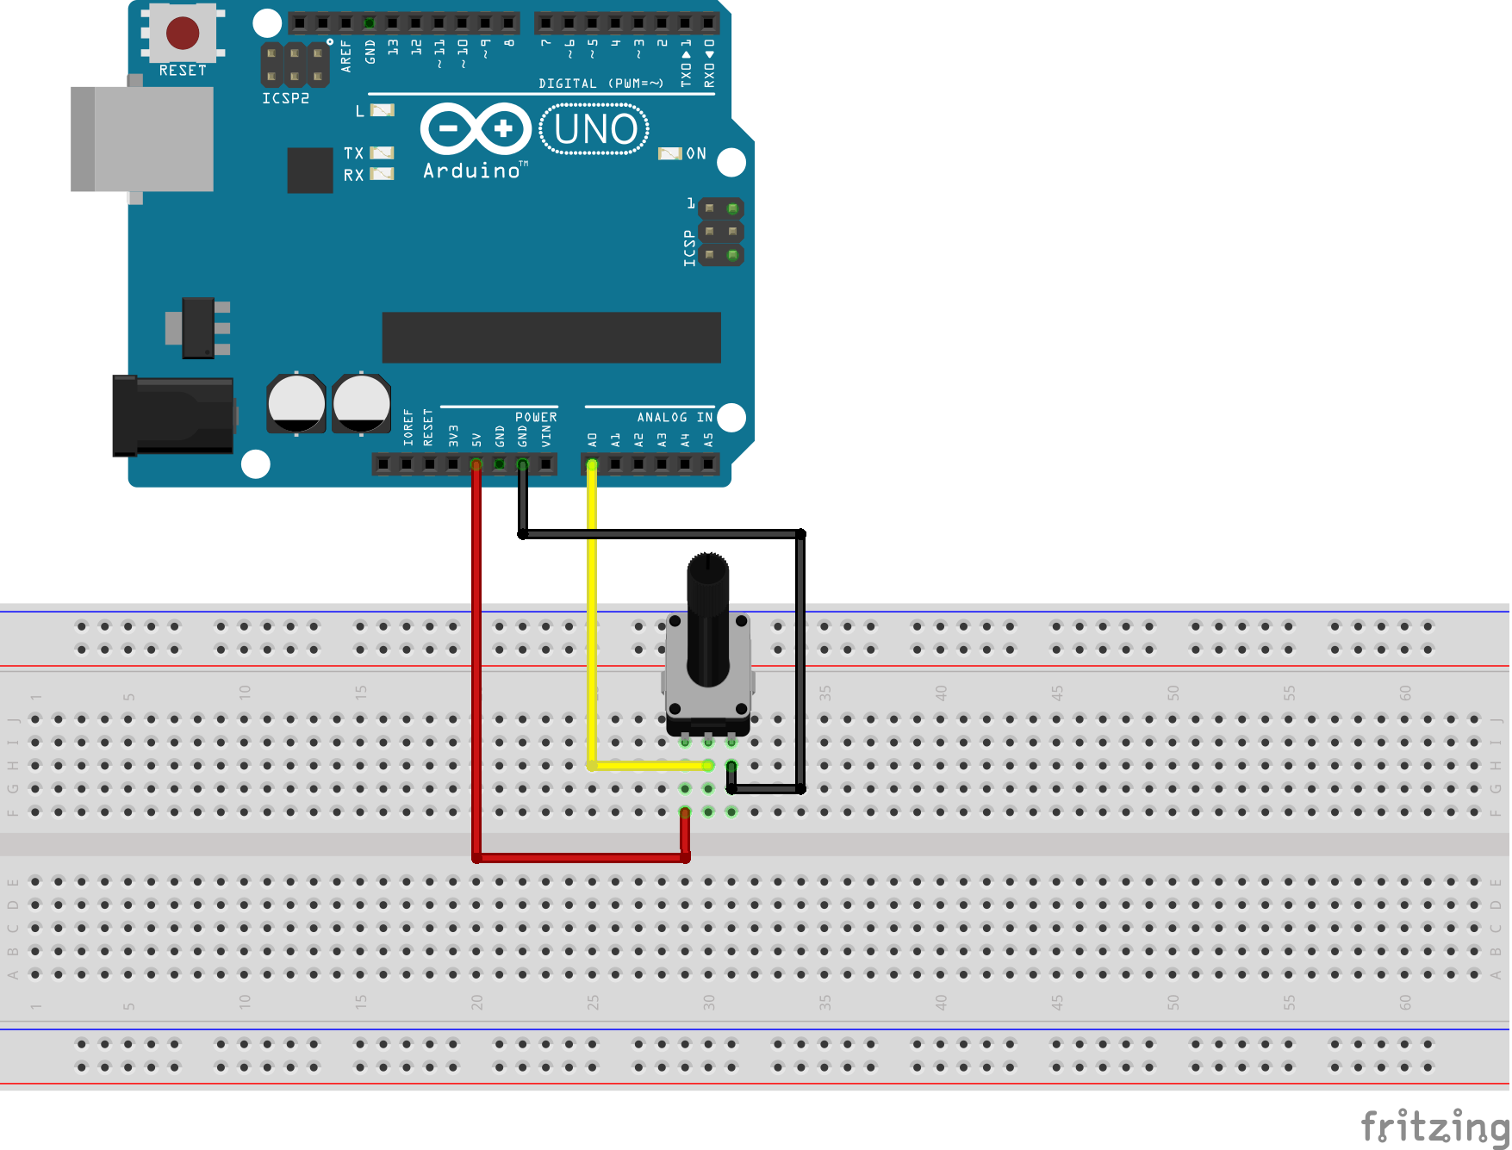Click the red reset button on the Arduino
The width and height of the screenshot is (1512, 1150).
click(x=183, y=33)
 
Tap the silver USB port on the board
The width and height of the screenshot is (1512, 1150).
click(x=143, y=139)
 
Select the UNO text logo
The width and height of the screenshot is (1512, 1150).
click(x=594, y=129)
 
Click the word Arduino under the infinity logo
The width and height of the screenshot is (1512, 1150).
click(x=472, y=171)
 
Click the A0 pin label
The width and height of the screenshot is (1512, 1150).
click(x=592, y=439)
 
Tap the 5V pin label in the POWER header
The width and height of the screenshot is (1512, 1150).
click(x=476, y=439)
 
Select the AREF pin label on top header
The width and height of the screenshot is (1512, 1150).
click(x=346, y=55)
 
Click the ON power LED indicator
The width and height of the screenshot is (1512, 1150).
click(x=669, y=153)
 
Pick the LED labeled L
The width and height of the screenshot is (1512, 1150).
click(x=382, y=110)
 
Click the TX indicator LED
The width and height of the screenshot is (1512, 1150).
click(x=382, y=152)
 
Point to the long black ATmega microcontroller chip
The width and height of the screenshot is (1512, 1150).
click(x=551, y=337)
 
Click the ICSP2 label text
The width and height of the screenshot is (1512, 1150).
click(x=285, y=98)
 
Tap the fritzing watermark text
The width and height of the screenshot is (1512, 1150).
click(x=1434, y=1126)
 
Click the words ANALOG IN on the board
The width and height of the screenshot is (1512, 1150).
click(x=675, y=417)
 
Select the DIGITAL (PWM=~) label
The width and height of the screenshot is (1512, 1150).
click(x=600, y=84)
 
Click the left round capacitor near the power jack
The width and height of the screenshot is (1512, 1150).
click(x=296, y=402)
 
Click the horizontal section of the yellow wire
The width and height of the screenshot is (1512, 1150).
click(x=650, y=765)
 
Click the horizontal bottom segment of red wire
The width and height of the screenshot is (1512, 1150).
click(x=582, y=857)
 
